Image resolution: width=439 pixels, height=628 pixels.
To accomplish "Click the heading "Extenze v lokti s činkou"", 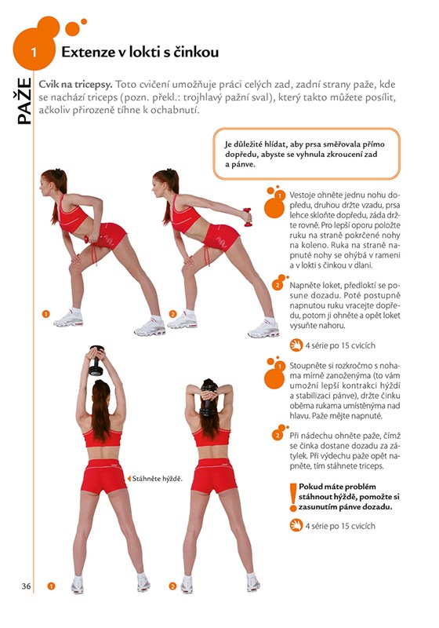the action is (x=140, y=52).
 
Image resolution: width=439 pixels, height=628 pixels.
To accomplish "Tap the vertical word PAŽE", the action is (x=24, y=100).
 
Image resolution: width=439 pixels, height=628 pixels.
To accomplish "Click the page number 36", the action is (x=26, y=586).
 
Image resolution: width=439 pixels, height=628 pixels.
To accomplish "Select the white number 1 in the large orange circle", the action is (x=34, y=52).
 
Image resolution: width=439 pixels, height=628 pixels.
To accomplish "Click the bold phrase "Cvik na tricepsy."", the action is (x=75, y=85).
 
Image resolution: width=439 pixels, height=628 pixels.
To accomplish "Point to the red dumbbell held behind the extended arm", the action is (x=248, y=217).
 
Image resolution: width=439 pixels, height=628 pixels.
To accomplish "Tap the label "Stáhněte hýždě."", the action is (x=157, y=478).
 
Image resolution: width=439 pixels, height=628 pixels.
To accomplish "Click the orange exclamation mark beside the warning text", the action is (x=293, y=498).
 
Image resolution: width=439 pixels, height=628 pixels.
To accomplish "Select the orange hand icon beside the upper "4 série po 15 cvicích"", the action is (x=296, y=345).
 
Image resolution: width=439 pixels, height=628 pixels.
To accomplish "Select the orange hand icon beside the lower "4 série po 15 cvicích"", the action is (x=296, y=525).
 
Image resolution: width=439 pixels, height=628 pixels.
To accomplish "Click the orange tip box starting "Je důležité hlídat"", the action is (x=307, y=154).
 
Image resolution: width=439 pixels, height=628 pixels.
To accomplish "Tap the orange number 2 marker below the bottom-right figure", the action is (x=172, y=586).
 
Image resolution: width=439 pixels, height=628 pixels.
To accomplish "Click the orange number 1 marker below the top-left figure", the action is (x=46, y=313).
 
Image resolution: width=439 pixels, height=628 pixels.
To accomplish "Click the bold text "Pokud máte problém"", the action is (x=337, y=487).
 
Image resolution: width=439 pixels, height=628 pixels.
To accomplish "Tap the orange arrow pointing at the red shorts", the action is (x=129, y=478).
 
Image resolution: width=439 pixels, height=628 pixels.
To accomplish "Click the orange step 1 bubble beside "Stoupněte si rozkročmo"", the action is (x=274, y=372).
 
